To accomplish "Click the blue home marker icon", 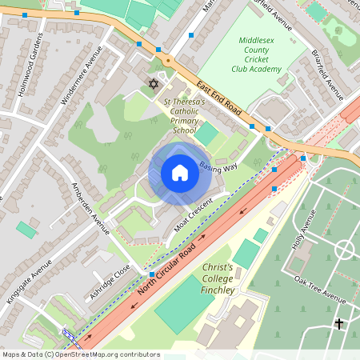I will click(180, 173).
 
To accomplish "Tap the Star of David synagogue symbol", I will click(154, 83).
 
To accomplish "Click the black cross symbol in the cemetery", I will click(339, 324).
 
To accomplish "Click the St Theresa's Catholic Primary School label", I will click(185, 116).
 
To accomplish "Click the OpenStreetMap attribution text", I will click(80, 354).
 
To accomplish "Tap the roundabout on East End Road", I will click(168, 61).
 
